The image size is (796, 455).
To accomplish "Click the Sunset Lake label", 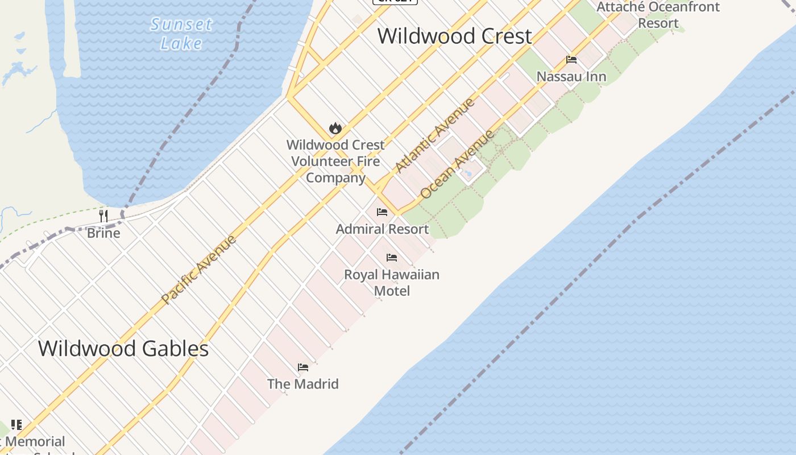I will coord(181,34).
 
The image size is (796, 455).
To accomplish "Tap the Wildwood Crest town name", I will coord(455,36).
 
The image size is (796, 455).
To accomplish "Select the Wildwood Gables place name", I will coord(123,348).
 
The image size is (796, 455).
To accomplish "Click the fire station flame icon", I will coord(335,129).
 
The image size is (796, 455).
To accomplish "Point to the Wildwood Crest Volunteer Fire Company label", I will coord(335,162).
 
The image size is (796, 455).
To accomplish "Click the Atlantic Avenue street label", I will coord(435,135).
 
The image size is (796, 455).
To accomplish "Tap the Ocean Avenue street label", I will coord(457,164).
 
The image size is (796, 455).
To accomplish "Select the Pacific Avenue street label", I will coord(198,268).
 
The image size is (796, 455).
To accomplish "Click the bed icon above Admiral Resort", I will coord(382,212).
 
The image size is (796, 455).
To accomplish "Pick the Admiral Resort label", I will coord(382,229).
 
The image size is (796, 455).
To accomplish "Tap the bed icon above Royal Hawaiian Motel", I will coord(392,258).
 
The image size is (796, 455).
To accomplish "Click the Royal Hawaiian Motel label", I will coord(392,283).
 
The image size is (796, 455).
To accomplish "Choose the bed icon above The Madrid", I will coord(303,367).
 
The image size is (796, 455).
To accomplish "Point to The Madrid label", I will coord(303,384).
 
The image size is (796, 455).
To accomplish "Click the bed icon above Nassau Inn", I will coord(571,60).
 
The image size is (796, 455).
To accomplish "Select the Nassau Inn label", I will coord(571,77).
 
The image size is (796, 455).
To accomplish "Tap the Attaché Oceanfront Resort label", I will coord(658,15).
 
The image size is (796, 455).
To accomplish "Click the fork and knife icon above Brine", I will coord(103,216).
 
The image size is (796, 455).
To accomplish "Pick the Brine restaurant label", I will coord(103,233).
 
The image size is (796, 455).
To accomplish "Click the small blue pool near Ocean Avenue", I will coord(468,172).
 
